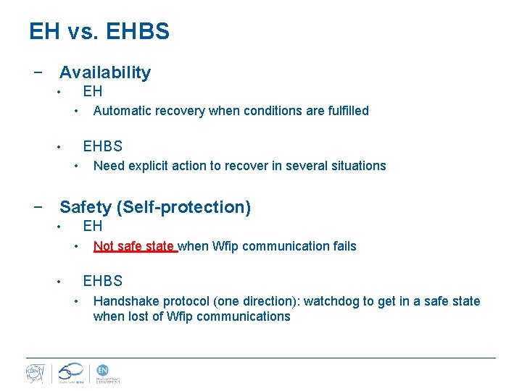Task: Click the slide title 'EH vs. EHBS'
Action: (x=99, y=31)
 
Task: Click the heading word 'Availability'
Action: (x=105, y=72)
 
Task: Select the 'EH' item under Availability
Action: (x=93, y=91)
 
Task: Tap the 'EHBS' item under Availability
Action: (x=103, y=146)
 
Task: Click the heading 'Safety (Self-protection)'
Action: (x=155, y=207)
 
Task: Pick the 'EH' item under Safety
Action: (x=93, y=226)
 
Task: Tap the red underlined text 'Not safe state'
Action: (x=134, y=246)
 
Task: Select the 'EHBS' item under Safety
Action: (x=103, y=281)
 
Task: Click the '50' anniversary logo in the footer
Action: (x=71, y=371)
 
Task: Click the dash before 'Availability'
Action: (x=37, y=72)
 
